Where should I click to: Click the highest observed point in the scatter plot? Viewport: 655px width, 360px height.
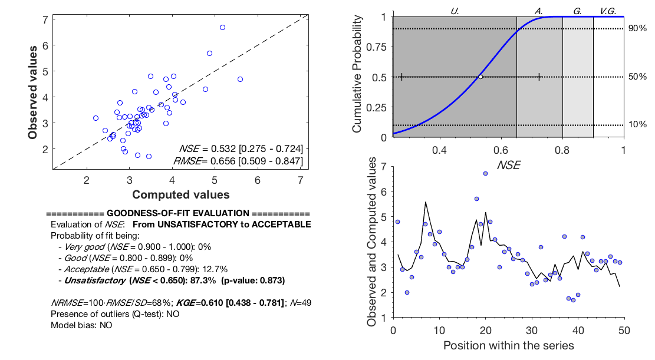tap(222, 27)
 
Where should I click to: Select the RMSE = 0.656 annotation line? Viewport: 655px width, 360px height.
tap(238, 161)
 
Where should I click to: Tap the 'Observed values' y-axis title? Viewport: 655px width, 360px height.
tap(35, 93)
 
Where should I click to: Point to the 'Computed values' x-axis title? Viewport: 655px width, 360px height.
tap(180, 194)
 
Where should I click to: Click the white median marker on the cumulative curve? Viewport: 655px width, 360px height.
tap(480, 77)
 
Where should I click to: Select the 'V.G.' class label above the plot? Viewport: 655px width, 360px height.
tap(608, 11)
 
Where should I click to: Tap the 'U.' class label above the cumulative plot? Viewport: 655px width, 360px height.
tap(455, 11)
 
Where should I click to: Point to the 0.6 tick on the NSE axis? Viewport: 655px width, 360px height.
tap(501, 150)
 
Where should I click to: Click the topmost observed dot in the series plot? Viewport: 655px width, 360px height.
tap(485, 173)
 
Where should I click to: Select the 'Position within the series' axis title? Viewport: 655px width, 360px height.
tap(508, 345)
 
